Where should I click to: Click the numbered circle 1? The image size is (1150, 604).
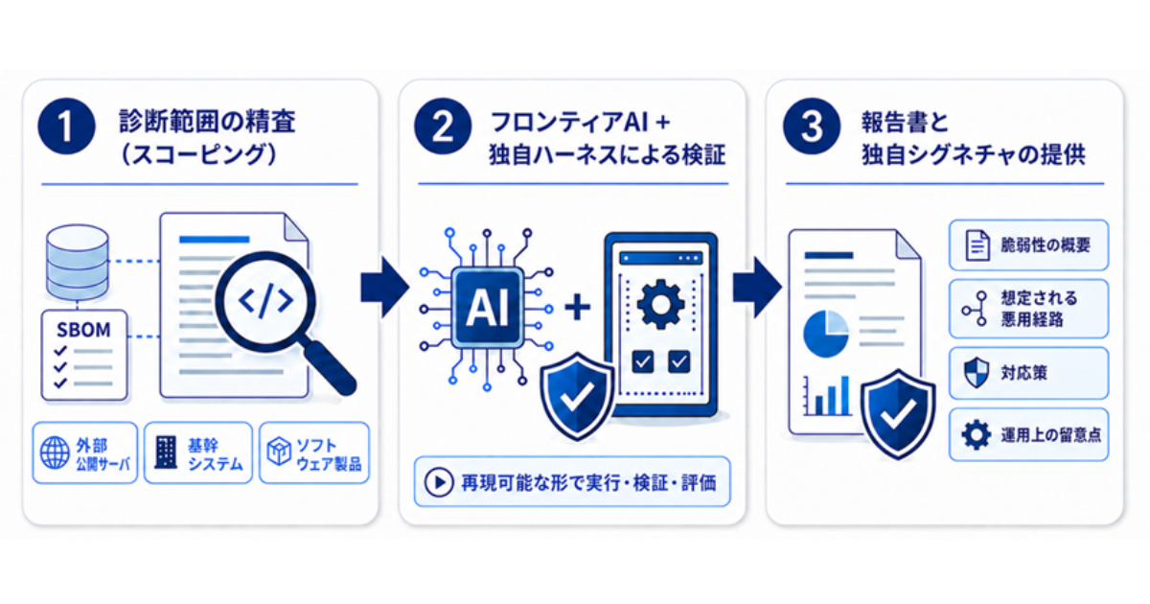point(66,127)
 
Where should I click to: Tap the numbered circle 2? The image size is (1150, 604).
point(443,127)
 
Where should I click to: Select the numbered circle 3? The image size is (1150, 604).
point(811,127)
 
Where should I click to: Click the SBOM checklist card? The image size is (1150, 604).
point(84,355)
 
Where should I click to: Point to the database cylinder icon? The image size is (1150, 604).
point(78,263)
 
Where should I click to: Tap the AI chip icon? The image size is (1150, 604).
point(487,308)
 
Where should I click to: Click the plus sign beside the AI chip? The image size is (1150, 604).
point(578,307)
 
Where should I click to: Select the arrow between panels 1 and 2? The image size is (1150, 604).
point(385,288)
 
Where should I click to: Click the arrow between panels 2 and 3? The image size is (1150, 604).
point(757,288)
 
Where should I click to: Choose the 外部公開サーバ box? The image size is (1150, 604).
point(85,453)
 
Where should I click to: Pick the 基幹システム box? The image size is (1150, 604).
point(198,453)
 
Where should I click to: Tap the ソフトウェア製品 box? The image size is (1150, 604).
point(314,453)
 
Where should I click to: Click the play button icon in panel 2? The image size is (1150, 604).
point(439,482)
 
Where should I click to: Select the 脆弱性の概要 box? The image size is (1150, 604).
point(1029,245)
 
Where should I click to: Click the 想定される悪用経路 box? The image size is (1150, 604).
point(1029,309)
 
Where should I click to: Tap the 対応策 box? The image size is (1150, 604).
point(1029,373)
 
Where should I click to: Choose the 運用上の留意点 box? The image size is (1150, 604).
point(1029,434)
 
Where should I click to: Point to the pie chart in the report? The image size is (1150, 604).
point(826,334)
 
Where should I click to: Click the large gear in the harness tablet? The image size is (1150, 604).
point(660,305)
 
